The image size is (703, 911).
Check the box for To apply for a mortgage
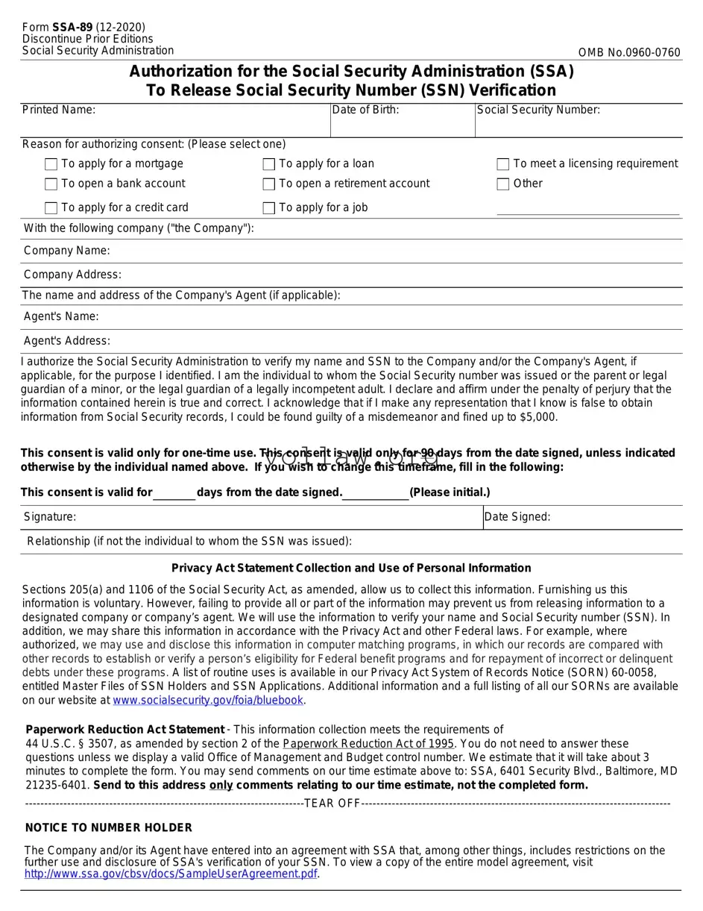coord(51,164)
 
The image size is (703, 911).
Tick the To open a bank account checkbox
coord(51,184)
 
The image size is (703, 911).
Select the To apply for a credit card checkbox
coord(51,208)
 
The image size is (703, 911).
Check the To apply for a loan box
coord(269,164)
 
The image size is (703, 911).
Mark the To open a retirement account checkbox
coord(269,184)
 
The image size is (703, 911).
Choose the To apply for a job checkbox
coord(269,208)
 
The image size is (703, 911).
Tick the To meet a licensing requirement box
coord(503,164)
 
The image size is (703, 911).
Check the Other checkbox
coord(503,184)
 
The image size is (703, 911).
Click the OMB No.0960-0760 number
coord(629,52)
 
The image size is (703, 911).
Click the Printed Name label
coord(59,110)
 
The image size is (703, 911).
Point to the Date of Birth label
coord(365,110)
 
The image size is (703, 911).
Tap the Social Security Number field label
coord(538,110)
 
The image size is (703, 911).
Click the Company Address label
coord(72,275)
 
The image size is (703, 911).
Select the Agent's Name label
coord(61,317)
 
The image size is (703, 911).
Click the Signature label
coord(50,517)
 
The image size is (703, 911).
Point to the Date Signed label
coord(517,517)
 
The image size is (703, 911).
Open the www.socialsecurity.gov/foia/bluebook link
coord(208,701)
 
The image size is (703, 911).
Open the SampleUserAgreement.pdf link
coord(171,874)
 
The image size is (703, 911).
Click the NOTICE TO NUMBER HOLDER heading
coord(109,828)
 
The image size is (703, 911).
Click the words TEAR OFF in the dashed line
coord(332,804)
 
